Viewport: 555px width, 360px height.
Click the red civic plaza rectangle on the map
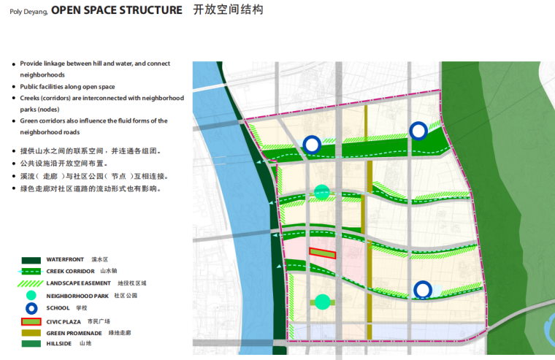click(x=322, y=253)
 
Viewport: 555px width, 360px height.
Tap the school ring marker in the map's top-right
click(x=418, y=131)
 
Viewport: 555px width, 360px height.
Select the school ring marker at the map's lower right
click(x=422, y=290)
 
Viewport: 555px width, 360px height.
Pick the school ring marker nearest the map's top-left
click(x=312, y=145)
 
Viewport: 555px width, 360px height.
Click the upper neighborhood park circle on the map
click(x=322, y=192)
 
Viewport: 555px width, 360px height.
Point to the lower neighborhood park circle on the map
click(x=323, y=302)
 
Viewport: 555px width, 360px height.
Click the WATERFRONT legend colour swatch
click(x=31, y=260)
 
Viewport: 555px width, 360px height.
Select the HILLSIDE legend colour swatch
click(x=31, y=343)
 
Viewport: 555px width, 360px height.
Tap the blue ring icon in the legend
click(x=31, y=308)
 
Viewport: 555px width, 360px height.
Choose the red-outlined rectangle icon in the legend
click(x=31, y=321)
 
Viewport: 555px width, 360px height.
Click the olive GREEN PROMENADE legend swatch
click(x=31, y=333)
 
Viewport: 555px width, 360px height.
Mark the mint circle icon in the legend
click(x=31, y=296)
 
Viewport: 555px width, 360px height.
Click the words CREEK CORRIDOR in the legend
click(x=70, y=272)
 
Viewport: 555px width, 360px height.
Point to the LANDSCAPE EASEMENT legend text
click(x=79, y=283)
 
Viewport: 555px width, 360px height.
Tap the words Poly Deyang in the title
click(x=28, y=12)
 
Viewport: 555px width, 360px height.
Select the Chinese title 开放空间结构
click(x=229, y=10)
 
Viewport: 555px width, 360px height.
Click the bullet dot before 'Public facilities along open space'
click(x=14, y=87)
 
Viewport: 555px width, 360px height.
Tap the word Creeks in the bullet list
click(x=31, y=98)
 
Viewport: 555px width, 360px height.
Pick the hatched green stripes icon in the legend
click(x=31, y=283)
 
